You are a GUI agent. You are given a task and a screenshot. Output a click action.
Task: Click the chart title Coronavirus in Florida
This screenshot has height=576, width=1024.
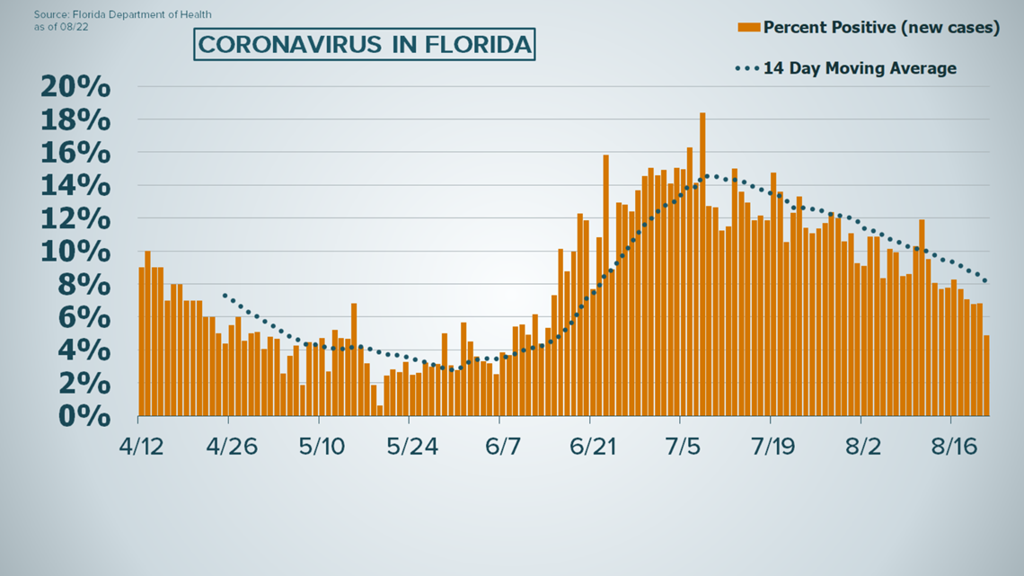pyautogui.click(x=364, y=44)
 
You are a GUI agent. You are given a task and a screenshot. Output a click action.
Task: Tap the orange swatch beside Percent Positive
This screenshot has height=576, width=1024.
pyautogui.click(x=748, y=27)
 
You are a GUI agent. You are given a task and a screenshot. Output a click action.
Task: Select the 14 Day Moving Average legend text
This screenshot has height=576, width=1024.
pyautogui.click(x=860, y=68)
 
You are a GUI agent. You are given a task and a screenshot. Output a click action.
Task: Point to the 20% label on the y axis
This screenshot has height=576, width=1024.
pyautogui.click(x=75, y=88)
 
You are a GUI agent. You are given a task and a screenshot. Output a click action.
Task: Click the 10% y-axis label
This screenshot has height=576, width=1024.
pyautogui.click(x=75, y=253)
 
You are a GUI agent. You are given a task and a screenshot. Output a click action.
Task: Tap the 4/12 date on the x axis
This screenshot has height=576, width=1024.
pyautogui.click(x=140, y=446)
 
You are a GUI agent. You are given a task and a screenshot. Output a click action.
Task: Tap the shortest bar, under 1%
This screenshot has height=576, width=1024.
pyautogui.click(x=380, y=411)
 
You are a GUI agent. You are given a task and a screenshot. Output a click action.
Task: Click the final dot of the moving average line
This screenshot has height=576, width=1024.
pyautogui.click(x=985, y=281)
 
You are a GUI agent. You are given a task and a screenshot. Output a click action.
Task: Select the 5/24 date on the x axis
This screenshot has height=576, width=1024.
pyautogui.click(x=410, y=446)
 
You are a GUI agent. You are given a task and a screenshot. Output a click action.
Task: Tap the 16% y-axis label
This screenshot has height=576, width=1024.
pyautogui.click(x=75, y=154)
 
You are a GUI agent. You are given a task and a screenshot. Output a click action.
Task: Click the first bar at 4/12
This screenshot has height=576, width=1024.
pyautogui.click(x=142, y=341)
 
